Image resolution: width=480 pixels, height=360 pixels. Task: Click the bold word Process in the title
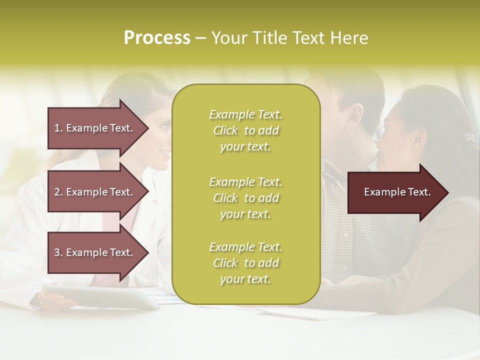click(x=157, y=38)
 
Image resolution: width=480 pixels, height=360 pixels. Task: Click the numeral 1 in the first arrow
click(x=56, y=128)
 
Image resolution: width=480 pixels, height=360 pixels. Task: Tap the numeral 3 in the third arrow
click(x=57, y=252)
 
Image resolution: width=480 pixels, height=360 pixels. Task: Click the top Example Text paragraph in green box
click(x=245, y=130)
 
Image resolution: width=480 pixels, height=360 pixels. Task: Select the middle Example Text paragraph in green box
click(x=245, y=198)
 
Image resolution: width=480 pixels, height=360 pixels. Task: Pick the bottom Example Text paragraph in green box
click(x=245, y=263)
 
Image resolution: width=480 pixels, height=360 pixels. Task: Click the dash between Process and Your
click(x=200, y=38)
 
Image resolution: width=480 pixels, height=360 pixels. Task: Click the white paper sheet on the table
click(x=320, y=312)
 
